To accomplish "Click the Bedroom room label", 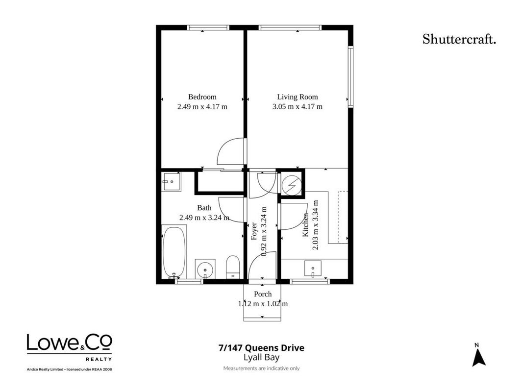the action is tap(202, 97).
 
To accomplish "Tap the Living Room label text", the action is tap(298, 97).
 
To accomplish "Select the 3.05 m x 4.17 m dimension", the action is tap(298, 107).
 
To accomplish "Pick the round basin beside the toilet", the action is tap(205, 269).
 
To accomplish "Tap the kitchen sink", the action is tap(313, 269).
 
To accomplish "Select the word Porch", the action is tap(263, 294).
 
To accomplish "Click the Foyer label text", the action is tap(254, 231).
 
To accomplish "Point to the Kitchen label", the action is tap(305, 225).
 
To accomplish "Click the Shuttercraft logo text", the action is tap(459, 39).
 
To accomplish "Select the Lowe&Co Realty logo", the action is tap(70, 348).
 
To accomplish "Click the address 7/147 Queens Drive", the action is tap(261, 348).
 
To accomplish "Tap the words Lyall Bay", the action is tap(262, 358).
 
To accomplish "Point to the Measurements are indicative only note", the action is tap(262, 368).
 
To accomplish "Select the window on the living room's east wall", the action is tap(350, 76).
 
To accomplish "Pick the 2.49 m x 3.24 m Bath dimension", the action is tap(204, 218).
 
